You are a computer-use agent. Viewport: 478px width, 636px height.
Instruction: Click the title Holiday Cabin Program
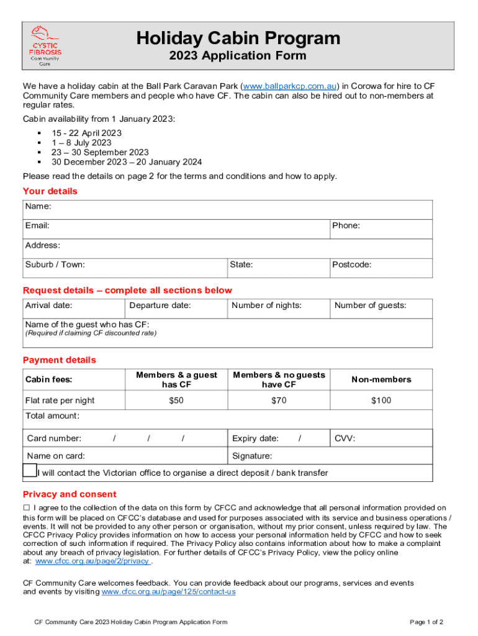(x=238, y=38)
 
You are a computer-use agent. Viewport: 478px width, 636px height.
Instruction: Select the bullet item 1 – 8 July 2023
(x=81, y=142)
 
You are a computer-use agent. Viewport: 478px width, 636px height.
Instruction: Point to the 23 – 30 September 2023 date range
(x=100, y=152)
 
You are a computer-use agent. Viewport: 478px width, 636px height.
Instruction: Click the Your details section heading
(x=50, y=191)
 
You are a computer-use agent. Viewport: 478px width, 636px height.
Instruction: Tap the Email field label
(x=37, y=225)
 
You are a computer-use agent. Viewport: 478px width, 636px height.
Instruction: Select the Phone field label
(x=346, y=225)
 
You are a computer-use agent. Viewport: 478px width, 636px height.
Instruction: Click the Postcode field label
(x=351, y=265)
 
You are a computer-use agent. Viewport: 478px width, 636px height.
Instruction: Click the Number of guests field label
(x=370, y=305)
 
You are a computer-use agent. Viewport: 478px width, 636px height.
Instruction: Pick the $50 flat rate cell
(x=176, y=401)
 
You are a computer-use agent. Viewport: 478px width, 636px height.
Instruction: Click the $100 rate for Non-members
(x=381, y=401)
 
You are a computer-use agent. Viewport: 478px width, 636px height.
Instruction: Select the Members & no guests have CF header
(x=279, y=379)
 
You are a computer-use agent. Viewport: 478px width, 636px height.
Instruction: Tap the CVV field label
(x=345, y=438)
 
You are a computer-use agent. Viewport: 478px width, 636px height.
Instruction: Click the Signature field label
(x=252, y=456)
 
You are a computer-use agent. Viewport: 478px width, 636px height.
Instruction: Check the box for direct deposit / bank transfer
(x=30, y=470)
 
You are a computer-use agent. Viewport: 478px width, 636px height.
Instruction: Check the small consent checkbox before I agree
(x=27, y=508)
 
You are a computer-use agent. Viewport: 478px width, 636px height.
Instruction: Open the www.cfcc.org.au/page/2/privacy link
(x=92, y=561)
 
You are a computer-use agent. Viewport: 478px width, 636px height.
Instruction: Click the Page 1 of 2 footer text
(x=426, y=622)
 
